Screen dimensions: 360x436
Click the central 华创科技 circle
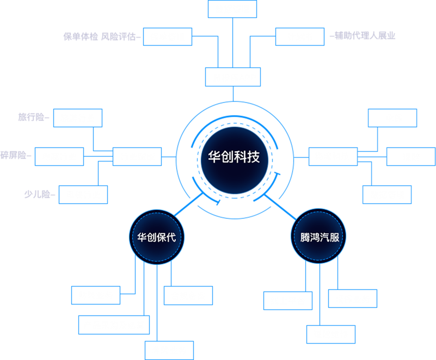coord(234,157)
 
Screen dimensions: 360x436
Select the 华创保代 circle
coord(157,238)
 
